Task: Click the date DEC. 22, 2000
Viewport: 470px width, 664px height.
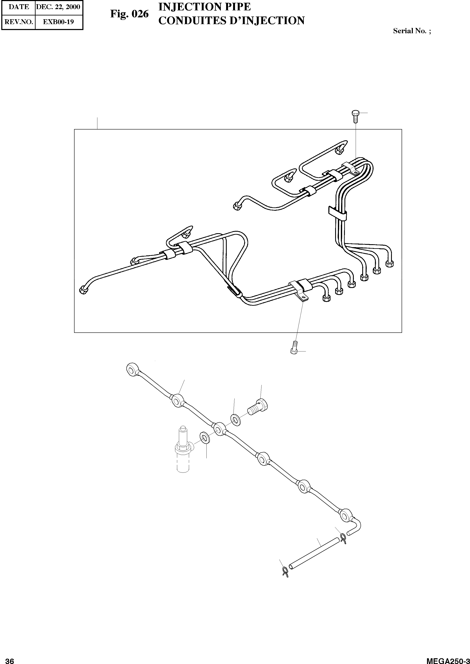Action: point(58,7)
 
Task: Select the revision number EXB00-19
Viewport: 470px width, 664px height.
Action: point(58,22)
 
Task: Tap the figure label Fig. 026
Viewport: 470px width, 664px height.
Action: point(129,14)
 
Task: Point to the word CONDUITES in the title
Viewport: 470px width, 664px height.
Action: point(192,21)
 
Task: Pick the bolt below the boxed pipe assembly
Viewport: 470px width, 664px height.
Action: point(294,347)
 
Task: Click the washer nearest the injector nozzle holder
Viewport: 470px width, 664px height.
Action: point(205,438)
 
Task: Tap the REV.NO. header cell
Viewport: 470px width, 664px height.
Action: point(18,22)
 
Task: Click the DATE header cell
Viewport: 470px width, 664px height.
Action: point(18,7)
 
